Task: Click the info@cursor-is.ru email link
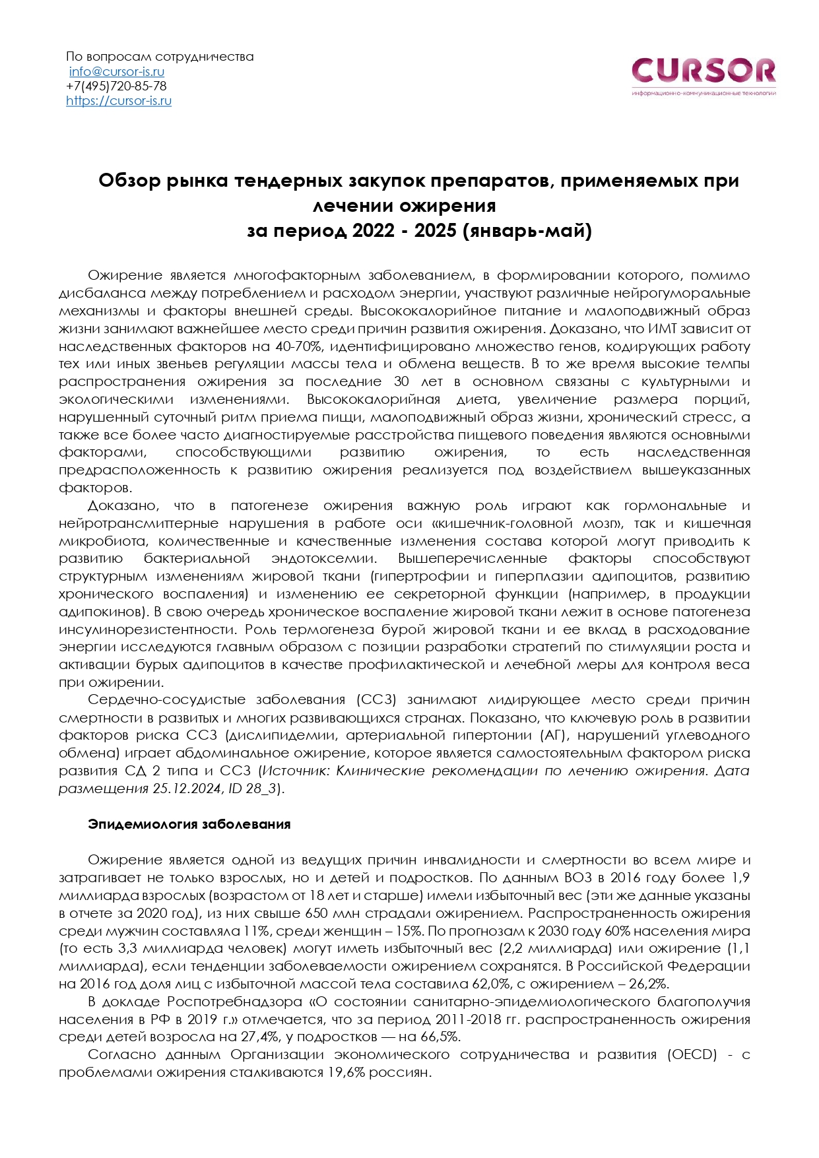coord(117,72)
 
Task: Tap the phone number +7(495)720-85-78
coord(116,86)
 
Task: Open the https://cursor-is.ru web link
coord(119,101)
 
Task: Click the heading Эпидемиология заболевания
coord(189,825)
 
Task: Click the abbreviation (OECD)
coord(692,1055)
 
